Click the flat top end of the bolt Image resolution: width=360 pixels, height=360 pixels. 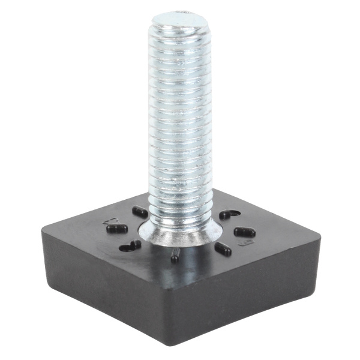tap(181, 19)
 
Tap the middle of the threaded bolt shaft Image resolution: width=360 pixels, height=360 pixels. tap(180, 120)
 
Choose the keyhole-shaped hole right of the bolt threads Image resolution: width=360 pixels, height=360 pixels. tap(229, 214)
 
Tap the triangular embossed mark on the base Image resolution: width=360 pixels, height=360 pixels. tap(110, 221)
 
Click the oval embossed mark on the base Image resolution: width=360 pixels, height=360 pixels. tap(244, 243)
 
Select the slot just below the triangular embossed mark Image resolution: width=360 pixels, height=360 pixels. tap(116, 229)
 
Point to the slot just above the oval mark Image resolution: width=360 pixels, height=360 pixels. tap(244, 232)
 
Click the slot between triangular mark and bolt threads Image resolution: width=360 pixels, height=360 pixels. tap(140, 211)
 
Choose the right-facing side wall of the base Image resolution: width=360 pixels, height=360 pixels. tap(252, 294)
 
